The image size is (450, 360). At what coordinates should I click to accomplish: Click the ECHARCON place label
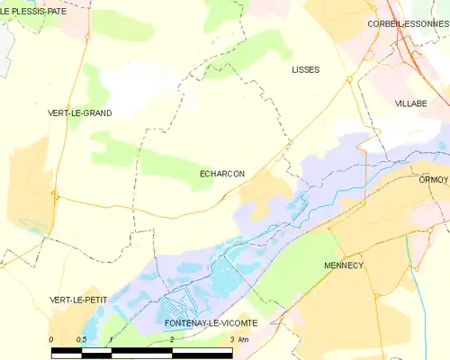(x=221, y=174)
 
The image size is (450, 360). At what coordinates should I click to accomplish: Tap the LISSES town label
(x=306, y=69)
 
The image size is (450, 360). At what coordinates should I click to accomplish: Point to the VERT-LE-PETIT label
(x=78, y=298)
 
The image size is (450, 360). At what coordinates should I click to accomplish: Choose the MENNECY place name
(x=343, y=265)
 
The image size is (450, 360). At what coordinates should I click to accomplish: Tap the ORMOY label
(x=433, y=179)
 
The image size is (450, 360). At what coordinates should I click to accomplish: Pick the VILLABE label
(x=410, y=103)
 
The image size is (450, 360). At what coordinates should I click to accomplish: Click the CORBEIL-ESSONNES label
(x=407, y=23)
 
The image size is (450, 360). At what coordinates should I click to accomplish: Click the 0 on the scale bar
(x=51, y=339)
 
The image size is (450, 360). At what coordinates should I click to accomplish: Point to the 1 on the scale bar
(x=110, y=339)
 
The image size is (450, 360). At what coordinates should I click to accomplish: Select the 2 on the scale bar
(x=171, y=339)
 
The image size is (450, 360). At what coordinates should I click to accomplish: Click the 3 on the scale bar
(x=231, y=339)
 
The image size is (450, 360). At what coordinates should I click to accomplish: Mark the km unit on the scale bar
(x=243, y=339)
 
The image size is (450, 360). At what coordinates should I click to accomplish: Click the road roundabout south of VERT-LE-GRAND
(x=55, y=193)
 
